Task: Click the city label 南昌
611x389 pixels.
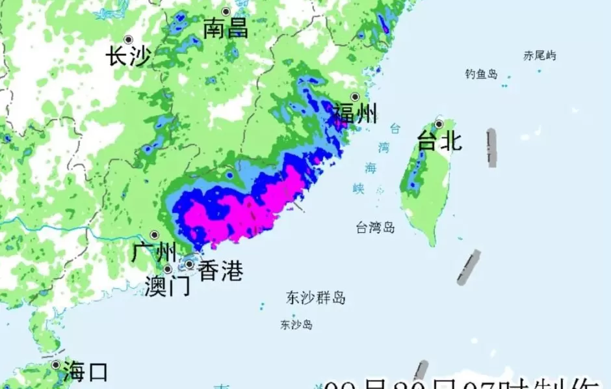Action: click(x=226, y=29)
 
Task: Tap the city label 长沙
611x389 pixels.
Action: click(x=128, y=57)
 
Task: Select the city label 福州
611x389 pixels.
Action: click(x=355, y=115)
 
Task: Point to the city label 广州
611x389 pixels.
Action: click(x=154, y=252)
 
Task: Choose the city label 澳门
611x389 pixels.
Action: click(x=168, y=286)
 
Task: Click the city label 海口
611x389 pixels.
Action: click(x=85, y=372)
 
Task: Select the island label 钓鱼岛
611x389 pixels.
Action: click(x=481, y=74)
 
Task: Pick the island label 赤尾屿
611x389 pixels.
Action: click(x=540, y=56)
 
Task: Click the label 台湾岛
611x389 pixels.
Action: click(x=375, y=228)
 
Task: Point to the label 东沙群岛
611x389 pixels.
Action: click(x=316, y=299)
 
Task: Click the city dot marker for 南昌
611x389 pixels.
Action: click(x=226, y=12)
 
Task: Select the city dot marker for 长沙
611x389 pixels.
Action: click(x=129, y=40)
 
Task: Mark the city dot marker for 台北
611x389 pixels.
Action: click(x=439, y=124)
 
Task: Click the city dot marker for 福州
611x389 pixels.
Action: click(x=355, y=97)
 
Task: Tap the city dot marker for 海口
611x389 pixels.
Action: click(x=56, y=366)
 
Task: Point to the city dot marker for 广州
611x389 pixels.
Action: click(x=155, y=235)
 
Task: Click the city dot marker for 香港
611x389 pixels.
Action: click(x=189, y=265)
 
